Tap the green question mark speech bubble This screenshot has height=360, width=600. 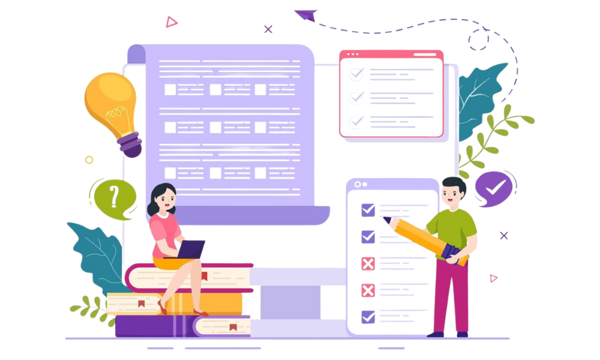pos(113,197)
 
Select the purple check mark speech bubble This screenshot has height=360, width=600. pos(493,188)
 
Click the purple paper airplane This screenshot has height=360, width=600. pos(306,14)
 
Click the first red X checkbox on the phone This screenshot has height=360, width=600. pos(368,263)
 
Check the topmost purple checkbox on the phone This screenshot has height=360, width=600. pos(368,209)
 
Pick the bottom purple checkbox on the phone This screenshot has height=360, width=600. pos(368,316)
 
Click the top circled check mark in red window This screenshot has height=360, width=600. pos(356,74)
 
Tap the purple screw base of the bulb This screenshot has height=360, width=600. pos(130,144)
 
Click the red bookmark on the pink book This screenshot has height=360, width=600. pos(204,277)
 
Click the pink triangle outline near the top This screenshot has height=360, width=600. pos(172,22)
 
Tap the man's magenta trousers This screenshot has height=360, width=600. pos(452,294)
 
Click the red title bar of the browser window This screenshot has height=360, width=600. pos(391,55)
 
